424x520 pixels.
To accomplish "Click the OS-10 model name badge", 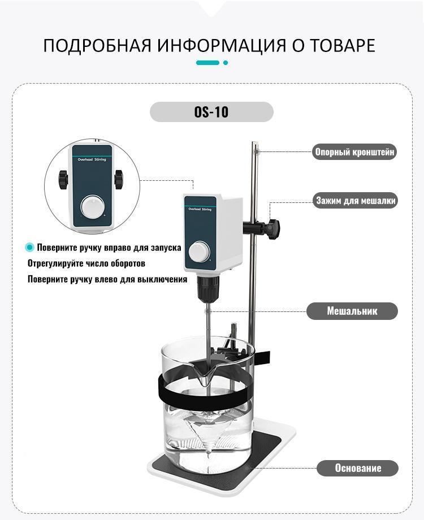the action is click(x=211, y=112).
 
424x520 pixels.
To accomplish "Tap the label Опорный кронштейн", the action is click(x=354, y=152).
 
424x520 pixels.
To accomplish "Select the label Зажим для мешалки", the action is click(x=356, y=200).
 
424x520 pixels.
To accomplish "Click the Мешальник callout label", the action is click(x=352, y=311).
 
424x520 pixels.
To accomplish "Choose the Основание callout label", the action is click(x=358, y=468).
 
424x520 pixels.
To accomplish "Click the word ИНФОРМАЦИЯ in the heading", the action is click(x=221, y=45).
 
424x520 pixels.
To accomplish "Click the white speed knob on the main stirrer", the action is click(x=199, y=252).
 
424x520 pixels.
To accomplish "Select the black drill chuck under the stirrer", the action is click(x=207, y=288).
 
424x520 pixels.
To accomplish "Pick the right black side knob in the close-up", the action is click(x=119, y=179).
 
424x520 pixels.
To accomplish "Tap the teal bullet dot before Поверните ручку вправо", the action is click(x=30, y=248).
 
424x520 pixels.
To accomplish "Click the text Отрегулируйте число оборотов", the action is click(x=86, y=263).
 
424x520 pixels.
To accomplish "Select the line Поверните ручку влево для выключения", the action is click(x=107, y=279).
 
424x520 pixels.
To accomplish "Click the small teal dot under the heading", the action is click(x=226, y=63).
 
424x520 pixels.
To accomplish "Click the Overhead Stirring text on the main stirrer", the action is click(x=200, y=209).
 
